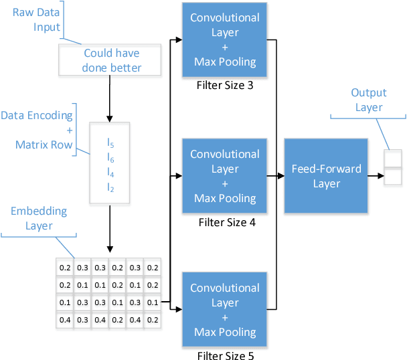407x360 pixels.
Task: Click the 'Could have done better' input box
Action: [110, 60]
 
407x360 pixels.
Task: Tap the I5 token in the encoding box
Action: [110, 143]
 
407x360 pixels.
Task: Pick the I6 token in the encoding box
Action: [110, 157]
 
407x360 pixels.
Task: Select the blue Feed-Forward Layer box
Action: [326, 177]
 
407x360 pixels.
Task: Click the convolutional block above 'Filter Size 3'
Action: [225, 40]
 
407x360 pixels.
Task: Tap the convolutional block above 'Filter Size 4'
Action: [225, 176]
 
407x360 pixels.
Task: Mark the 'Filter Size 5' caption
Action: [226, 355]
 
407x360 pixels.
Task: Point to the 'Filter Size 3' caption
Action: [225, 86]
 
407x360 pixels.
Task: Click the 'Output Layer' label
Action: [368, 100]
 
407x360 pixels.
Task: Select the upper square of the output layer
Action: [392, 159]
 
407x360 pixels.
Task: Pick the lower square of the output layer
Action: [392, 176]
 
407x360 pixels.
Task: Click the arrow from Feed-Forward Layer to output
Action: [376, 177]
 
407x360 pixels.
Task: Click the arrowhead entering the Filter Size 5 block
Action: [179, 308]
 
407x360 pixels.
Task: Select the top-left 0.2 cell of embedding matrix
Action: [65, 268]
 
